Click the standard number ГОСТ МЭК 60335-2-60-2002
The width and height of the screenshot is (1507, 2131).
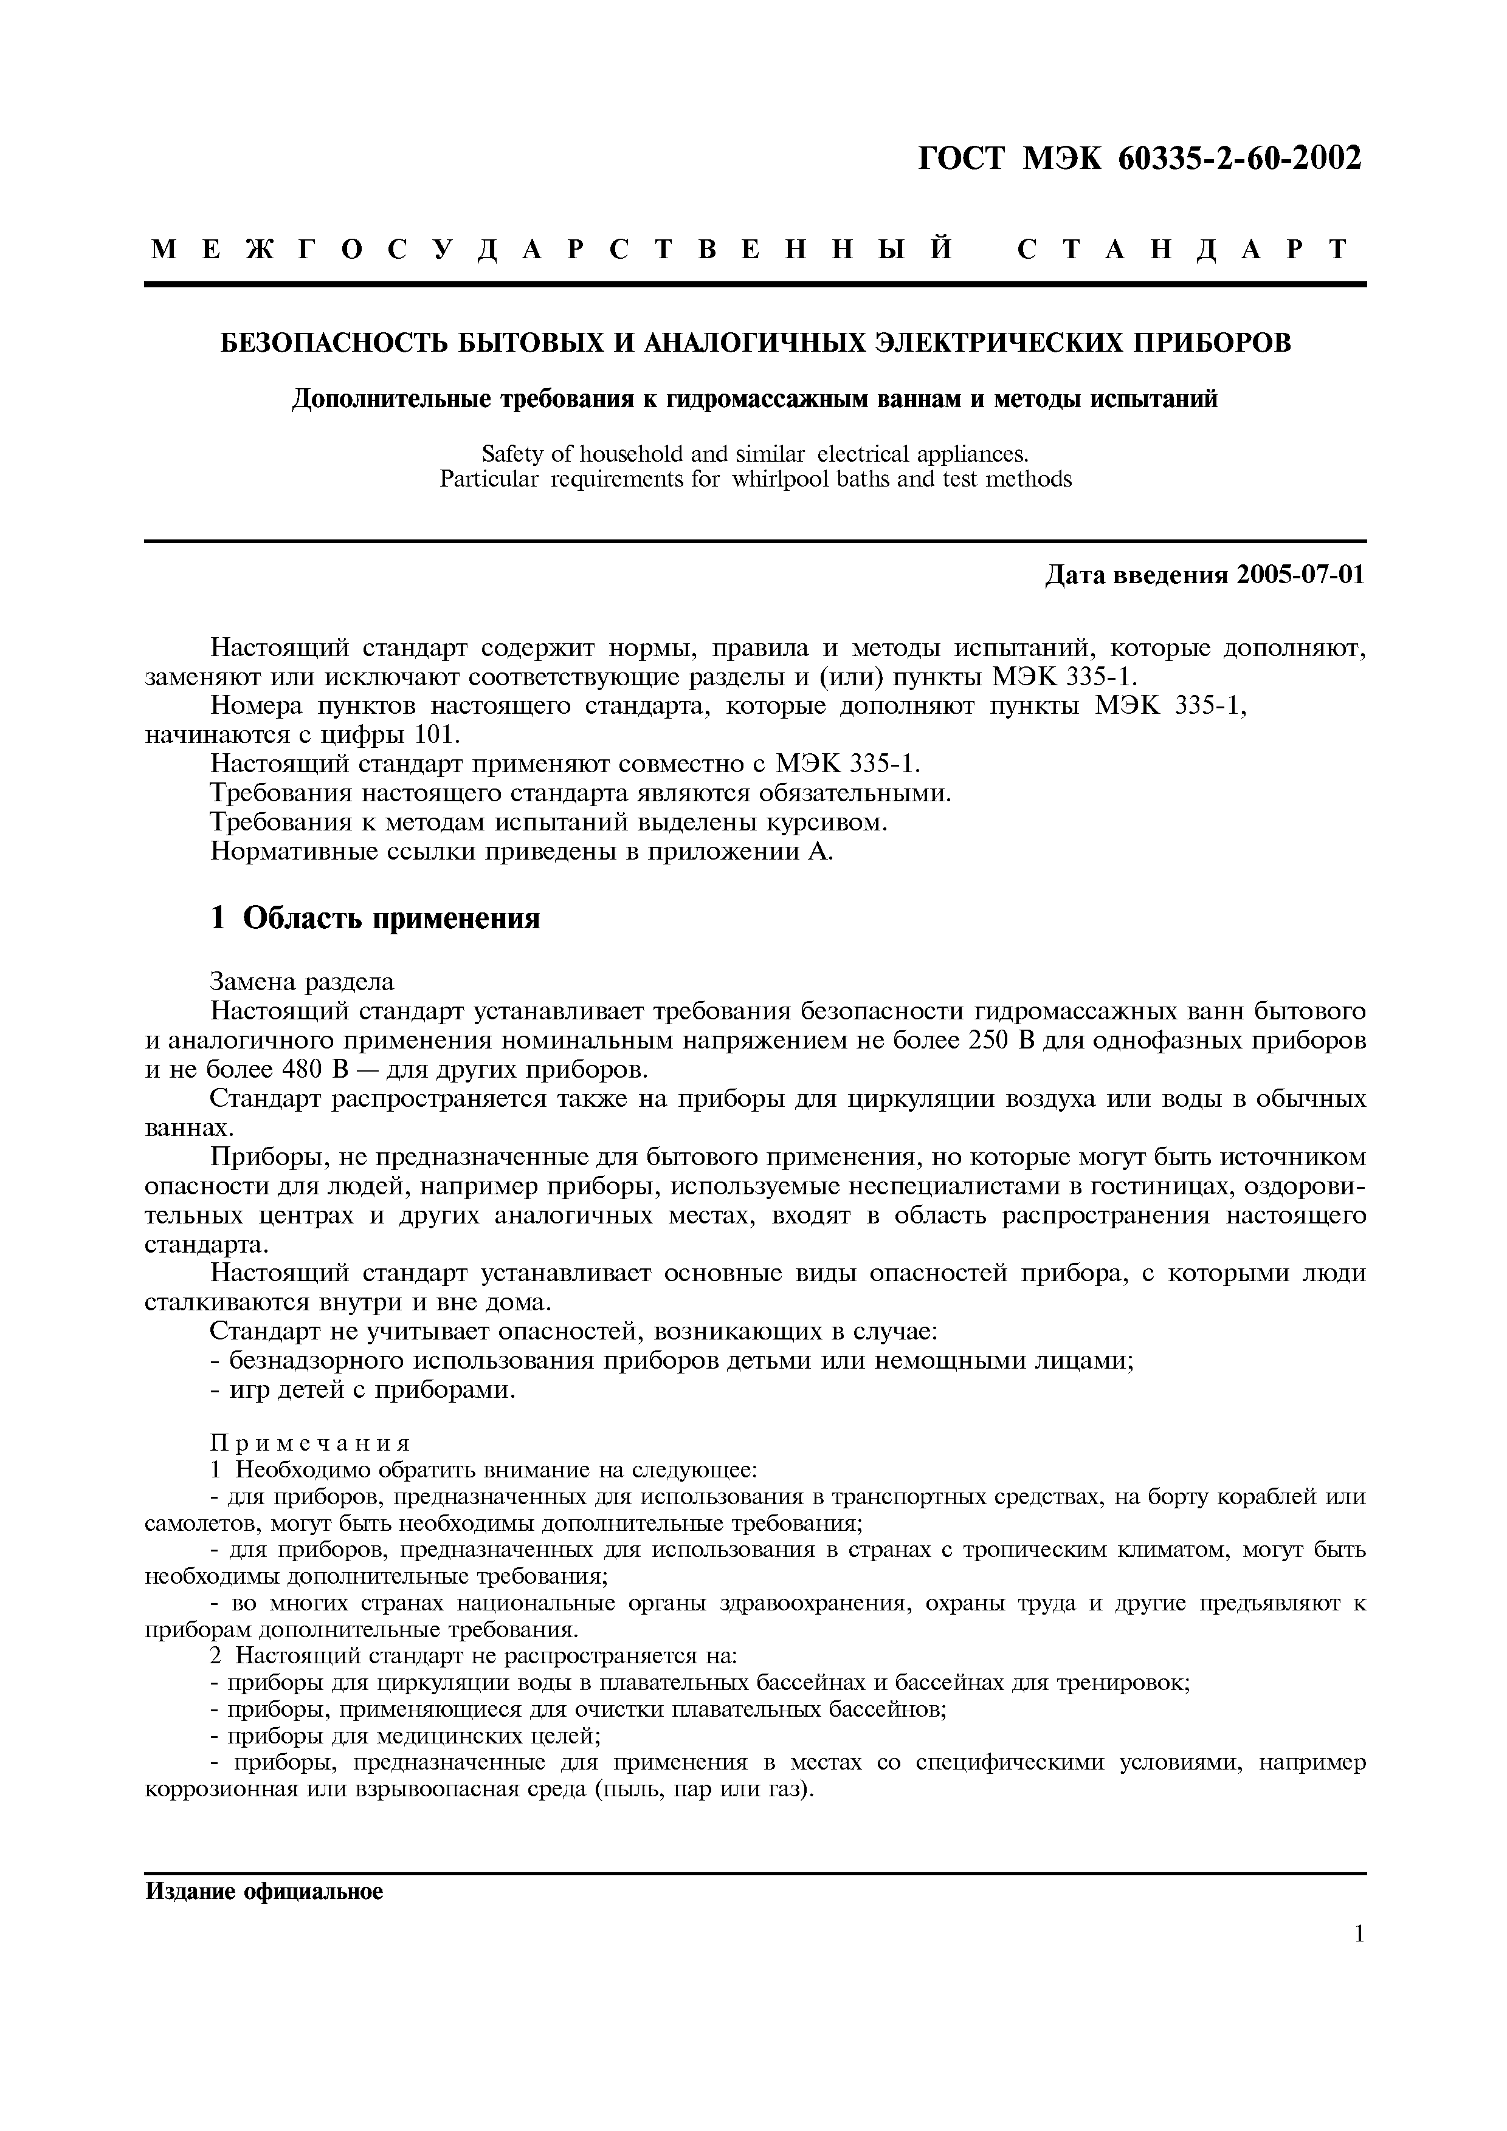[x=1141, y=158]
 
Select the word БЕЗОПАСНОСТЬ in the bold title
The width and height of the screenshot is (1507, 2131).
[x=333, y=343]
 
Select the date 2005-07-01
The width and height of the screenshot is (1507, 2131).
[x=1301, y=575]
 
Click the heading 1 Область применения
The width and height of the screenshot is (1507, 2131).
[x=375, y=918]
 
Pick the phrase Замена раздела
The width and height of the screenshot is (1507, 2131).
[x=302, y=981]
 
